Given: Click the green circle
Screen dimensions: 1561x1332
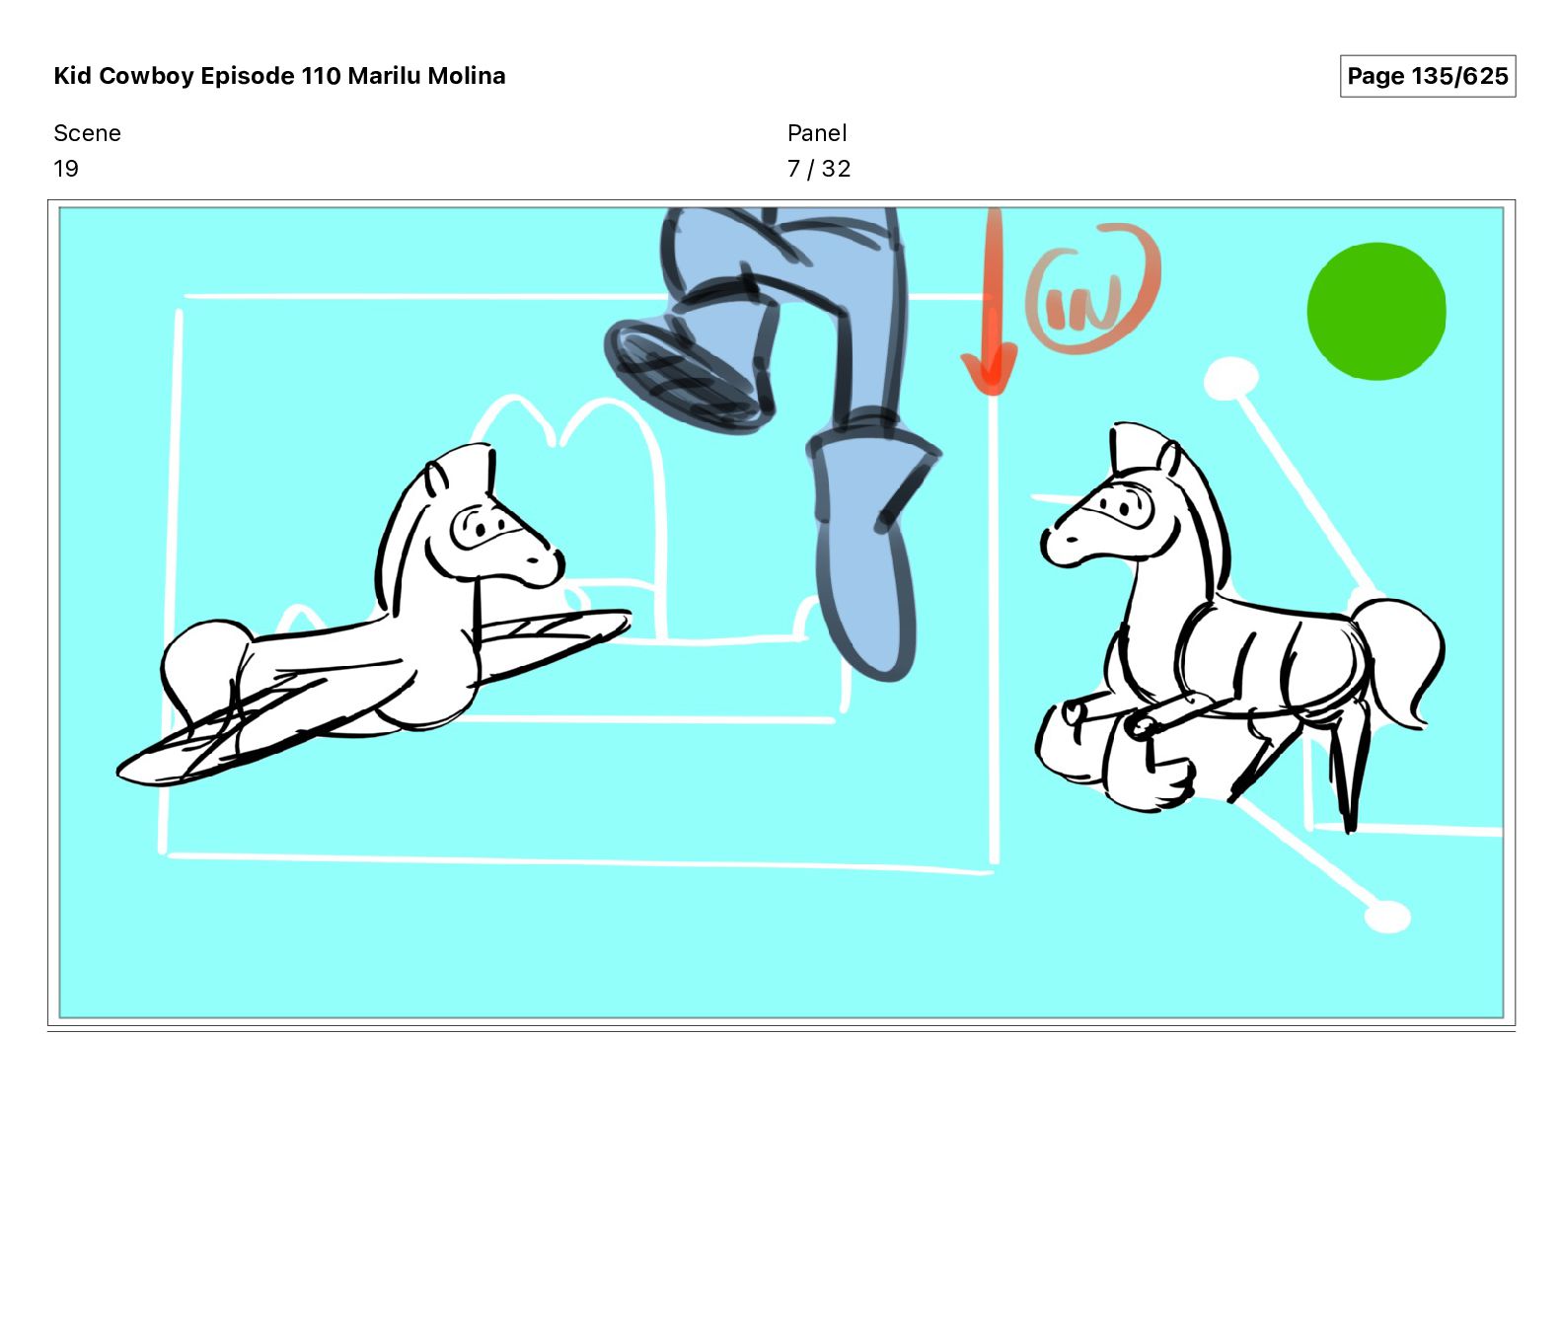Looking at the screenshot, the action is click(1376, 311).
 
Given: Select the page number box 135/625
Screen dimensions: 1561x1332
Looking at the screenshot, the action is click(1428, 76).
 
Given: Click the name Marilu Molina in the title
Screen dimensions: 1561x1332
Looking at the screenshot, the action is click(426, 76).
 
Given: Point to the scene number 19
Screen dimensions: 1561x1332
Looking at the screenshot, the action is click(66, 169).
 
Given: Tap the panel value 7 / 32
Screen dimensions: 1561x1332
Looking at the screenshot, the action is click(819, 169).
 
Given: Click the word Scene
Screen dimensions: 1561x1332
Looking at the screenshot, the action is click(87, 133).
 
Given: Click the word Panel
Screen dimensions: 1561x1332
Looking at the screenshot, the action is click(817, 133).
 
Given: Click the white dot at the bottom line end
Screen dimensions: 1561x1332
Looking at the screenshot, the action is click(1387, 917).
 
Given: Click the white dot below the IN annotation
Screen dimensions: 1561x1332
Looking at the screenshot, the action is click(1231, 379).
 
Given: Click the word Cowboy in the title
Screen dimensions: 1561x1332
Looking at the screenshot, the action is click(147, 76).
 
